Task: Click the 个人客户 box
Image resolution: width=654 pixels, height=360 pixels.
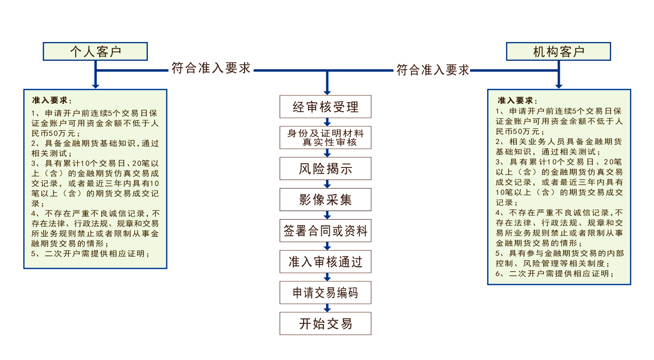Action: [95, 52]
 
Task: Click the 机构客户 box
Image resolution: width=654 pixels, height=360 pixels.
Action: [558, 52]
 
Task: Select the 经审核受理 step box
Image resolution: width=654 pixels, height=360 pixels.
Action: [326, 107]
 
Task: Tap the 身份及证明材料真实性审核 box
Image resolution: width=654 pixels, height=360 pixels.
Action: [326, 138]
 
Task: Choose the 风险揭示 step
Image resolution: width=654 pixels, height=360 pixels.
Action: [326, 169]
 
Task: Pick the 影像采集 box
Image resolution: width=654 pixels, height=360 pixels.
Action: [326, 200]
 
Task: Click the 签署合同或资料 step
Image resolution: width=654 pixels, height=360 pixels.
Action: [326, 231]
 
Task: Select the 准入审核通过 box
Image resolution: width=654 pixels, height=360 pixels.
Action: [326, 262]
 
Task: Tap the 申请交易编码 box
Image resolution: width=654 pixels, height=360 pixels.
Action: [326, 293]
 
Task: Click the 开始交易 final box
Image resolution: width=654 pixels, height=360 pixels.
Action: [326, 324]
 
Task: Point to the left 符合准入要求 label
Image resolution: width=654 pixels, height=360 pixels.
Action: [211, 69]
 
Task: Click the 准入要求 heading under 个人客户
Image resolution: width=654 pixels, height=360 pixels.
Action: [52, 100]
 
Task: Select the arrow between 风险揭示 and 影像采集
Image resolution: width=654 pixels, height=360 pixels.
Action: [327, 184]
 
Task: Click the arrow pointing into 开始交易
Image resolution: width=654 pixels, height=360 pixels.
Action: [327, 308]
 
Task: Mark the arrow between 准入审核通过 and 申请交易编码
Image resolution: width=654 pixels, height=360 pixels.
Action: [327, 277]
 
